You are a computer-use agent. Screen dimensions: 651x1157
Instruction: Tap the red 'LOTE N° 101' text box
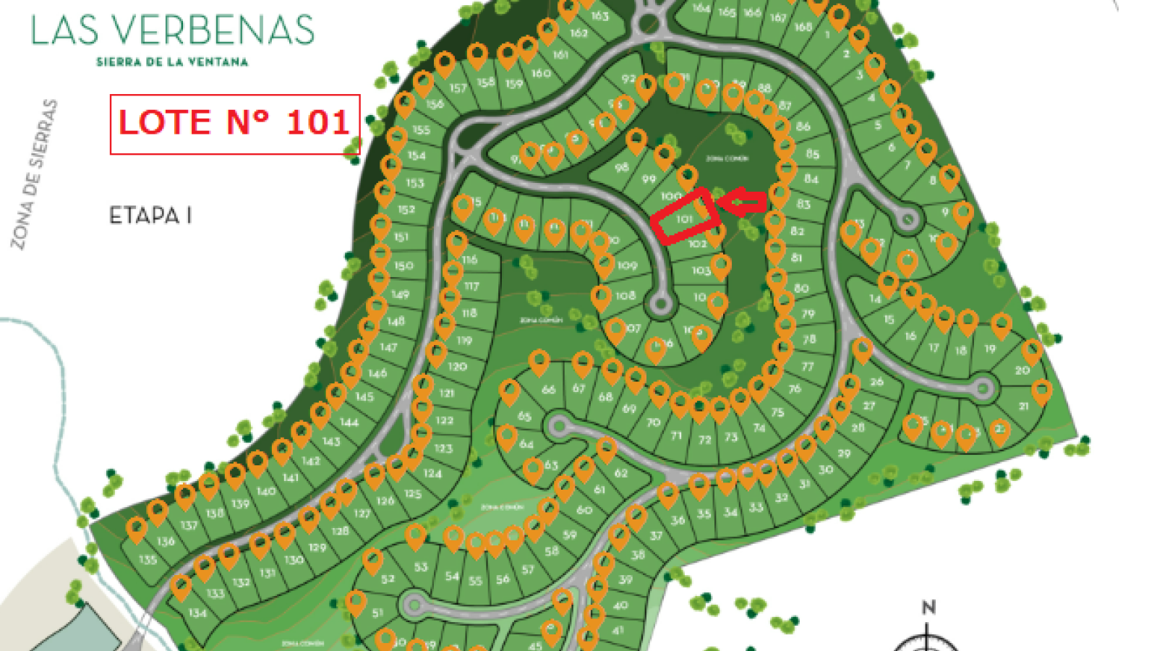[x=234, y=124]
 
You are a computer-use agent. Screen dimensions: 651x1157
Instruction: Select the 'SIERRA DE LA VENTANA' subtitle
[x=172, y=62]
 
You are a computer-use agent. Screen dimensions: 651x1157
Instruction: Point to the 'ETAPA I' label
[x=150, y=216]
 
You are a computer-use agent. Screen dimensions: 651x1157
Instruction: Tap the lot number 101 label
[x=684, y=218]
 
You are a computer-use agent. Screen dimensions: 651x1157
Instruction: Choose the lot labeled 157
[x=458, y=88]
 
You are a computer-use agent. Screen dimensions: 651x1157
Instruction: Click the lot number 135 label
[x=148, y=559]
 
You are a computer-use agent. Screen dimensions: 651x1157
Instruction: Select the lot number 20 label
[x=1022, y=370]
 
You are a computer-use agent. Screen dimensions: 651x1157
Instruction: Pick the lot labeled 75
[x=777, y=412]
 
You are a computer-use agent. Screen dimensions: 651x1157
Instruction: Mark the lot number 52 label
[x=388, y=578]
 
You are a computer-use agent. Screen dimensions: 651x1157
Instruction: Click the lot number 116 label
[x=470, y=259]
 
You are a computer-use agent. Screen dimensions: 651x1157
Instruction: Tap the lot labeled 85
[x=813, y=154]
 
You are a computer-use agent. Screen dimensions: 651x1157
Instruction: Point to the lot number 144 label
[x=349, y=422]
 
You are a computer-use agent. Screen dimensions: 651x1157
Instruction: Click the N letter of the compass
[x=928, y=608]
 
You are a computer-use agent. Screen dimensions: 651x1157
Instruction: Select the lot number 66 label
[x=549, y=389]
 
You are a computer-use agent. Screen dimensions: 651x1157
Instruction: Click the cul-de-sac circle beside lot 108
[x=659, y=305]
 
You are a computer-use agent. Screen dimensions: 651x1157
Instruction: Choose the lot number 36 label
[x=678, y=520]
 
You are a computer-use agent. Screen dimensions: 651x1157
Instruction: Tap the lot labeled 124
[x=432, y=473]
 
